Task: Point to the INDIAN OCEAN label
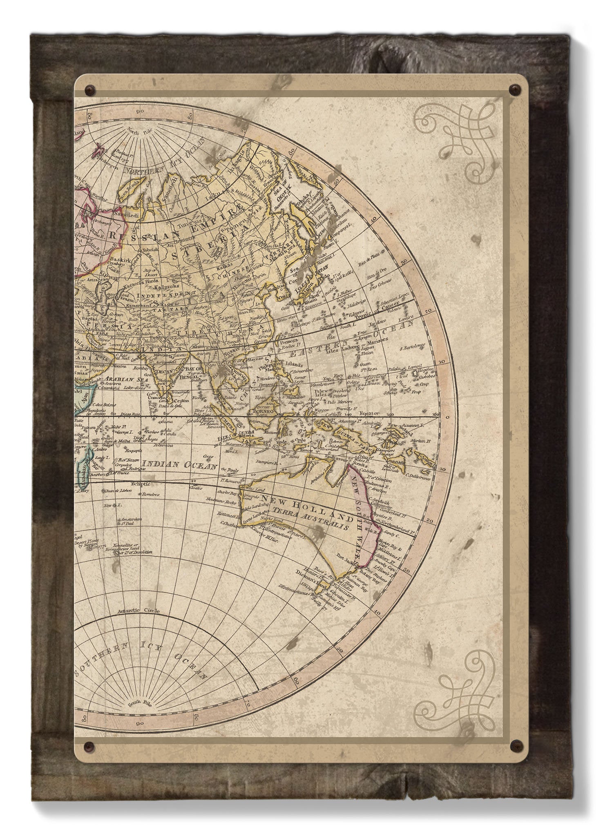click(x=178, y=465)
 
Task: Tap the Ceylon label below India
click(x=183, y=401)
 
